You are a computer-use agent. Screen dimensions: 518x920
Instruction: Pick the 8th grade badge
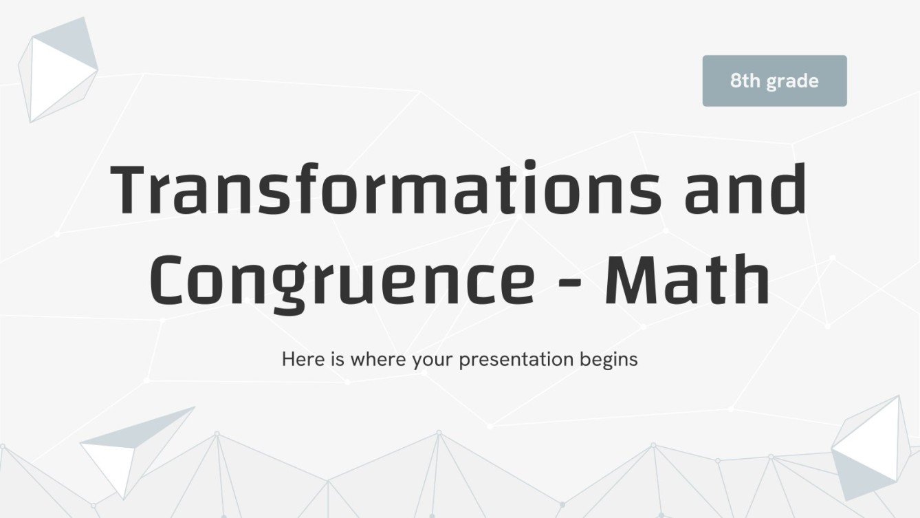click(774, 81)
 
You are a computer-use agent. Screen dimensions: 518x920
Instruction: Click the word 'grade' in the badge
click(792, 82)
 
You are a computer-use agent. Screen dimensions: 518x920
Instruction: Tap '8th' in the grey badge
click(745, 81)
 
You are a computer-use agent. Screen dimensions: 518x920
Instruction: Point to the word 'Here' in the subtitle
click(300, 359)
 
